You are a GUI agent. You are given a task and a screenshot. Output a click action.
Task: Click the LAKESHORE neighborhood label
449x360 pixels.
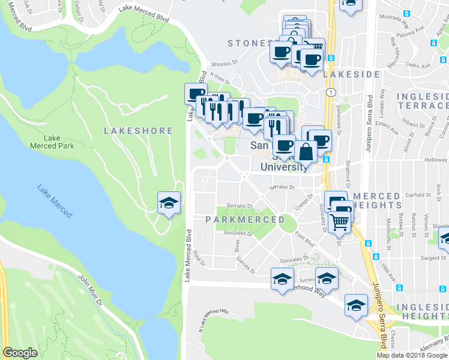coord(138,131)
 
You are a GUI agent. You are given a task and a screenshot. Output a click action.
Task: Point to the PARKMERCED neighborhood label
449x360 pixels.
coord(245,220)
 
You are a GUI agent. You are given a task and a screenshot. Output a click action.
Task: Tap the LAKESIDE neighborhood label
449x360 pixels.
coord(351,74)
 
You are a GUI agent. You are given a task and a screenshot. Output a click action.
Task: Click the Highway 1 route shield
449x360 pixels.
coord(330,92)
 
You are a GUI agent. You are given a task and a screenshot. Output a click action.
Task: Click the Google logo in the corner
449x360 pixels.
coord(20,352)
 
